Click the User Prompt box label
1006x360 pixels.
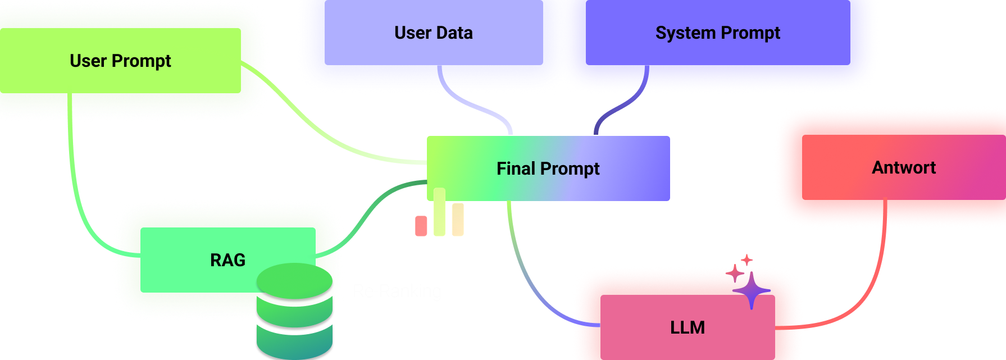pyautogui.click(x=120, y=61)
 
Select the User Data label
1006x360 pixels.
pyautogui.click(x=433, y=33)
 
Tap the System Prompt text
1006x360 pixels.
pyautogui.click(x=717, y=33)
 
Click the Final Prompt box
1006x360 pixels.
pyautogui.click(x=548, y=168)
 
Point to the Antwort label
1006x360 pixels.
pyautogui.click(x=903, y=167)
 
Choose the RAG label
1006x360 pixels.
pyautogui.click(x=227, y=260)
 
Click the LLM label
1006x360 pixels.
pyautogui.click(x=687, y=327)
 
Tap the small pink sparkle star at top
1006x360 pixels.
pyautogui.click(x=747, y=260)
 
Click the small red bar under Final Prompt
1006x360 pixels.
pyautogui.click(x=421, y=226)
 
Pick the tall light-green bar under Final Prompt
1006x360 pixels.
pyautogui.click(x=439, y=212)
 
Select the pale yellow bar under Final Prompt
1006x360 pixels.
pyautogui.click(x=458, y=220)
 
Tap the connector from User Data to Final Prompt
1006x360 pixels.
pyautogui.click(x=483, y=110)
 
